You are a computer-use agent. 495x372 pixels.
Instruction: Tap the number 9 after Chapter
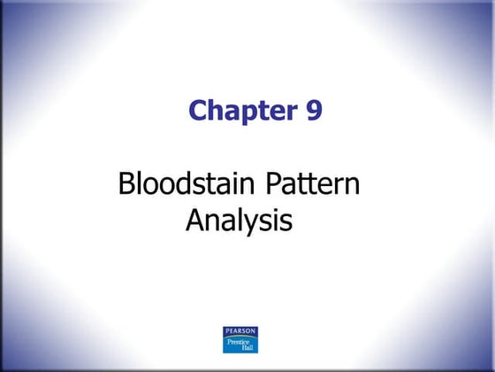click(x=310, y=111)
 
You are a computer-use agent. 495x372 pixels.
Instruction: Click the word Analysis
click(x=239, y=220)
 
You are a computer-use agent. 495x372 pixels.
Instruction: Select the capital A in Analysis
click(x=194, y=219)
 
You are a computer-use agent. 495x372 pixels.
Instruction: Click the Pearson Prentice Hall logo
click(x=240, y=340)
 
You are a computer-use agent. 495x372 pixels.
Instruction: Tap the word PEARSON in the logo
click(x=240, y=331)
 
